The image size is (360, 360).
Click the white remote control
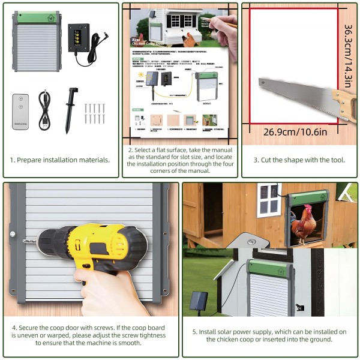(20, 112)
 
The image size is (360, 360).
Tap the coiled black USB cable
(46, 110)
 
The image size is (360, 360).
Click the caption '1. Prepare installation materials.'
(60, 160)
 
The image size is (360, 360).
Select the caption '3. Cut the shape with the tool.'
(299, 160)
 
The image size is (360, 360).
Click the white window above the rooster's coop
(269, 200)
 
